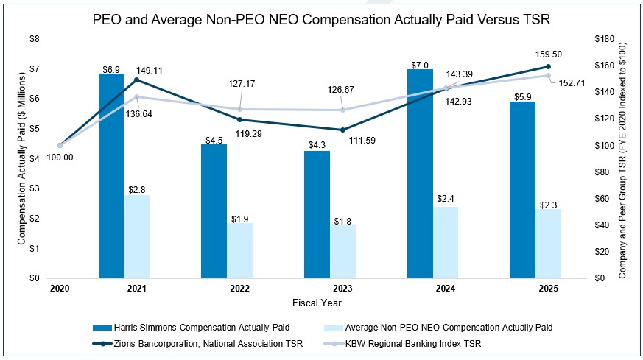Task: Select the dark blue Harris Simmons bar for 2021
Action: point(110,177)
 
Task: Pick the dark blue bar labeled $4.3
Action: point(317,215)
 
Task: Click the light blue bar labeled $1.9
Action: point(239,250)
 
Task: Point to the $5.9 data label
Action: point(523,95)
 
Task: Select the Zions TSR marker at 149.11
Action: point(136,80)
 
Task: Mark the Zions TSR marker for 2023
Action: point(342,130)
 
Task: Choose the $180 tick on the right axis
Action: point(606,38)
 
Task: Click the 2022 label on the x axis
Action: point(239,289)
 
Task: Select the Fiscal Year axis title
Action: point(316,303)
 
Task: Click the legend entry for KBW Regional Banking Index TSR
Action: point(443,343)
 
